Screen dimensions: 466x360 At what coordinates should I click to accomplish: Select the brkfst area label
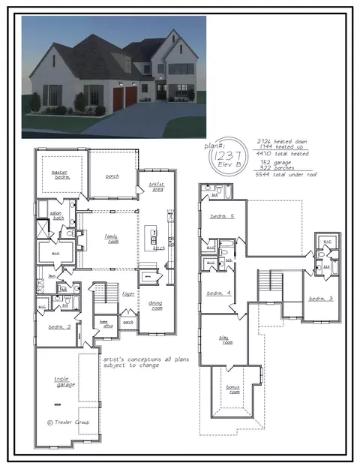click(x=156, y=186)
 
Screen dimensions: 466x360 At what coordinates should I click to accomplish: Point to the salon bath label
click(x=56, y=215)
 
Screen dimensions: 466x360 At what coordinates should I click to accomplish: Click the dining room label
click(x=155, y=305)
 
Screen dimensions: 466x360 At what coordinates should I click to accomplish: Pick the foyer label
click(x=128, y=293)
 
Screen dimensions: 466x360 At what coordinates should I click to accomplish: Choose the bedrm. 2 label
click(x=59, y=327)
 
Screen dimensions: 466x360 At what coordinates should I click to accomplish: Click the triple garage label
click(x=62, y=382)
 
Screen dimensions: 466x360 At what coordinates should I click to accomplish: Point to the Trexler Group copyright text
click(x=67, y=422)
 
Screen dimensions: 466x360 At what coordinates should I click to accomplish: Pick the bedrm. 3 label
click(x=320, y=298)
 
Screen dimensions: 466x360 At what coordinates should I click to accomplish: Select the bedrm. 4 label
click(x=217, y=293)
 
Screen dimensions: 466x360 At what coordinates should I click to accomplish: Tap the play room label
click(x=226, y=341)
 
